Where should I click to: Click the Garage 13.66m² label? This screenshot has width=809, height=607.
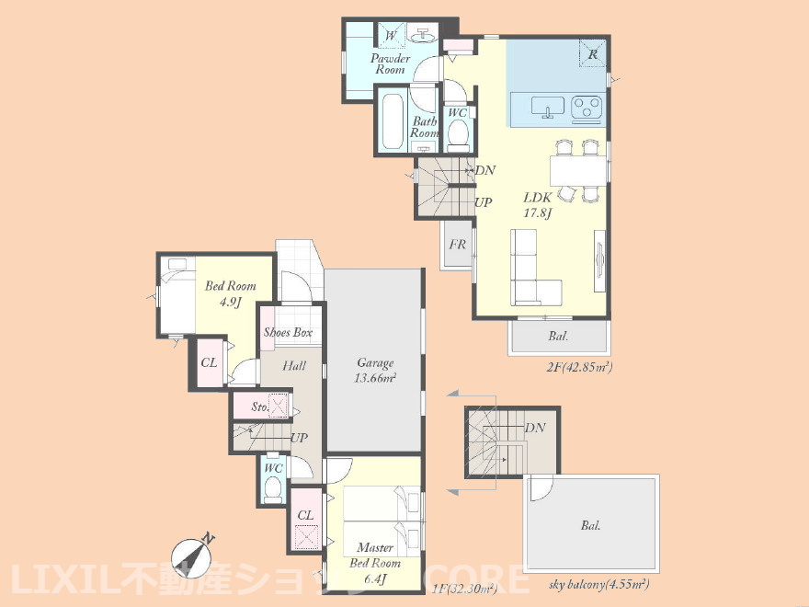375,370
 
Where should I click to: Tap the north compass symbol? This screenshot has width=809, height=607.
191,557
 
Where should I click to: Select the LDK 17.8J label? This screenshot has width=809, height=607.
538,204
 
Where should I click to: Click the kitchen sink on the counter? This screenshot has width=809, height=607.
548,108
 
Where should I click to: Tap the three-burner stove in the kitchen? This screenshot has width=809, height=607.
587,109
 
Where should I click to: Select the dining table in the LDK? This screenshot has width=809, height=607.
578,170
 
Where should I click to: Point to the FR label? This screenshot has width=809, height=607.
457,244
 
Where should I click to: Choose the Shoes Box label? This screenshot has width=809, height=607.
288,332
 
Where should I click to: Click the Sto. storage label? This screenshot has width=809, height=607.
259,407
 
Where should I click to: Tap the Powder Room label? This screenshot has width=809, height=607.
391,64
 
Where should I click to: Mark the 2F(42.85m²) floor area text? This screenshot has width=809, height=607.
579,368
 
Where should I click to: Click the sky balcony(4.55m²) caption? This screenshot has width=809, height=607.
599,585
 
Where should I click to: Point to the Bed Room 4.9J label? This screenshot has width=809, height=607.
230,292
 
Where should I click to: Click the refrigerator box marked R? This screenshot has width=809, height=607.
592,53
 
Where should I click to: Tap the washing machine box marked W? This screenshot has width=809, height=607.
391,36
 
